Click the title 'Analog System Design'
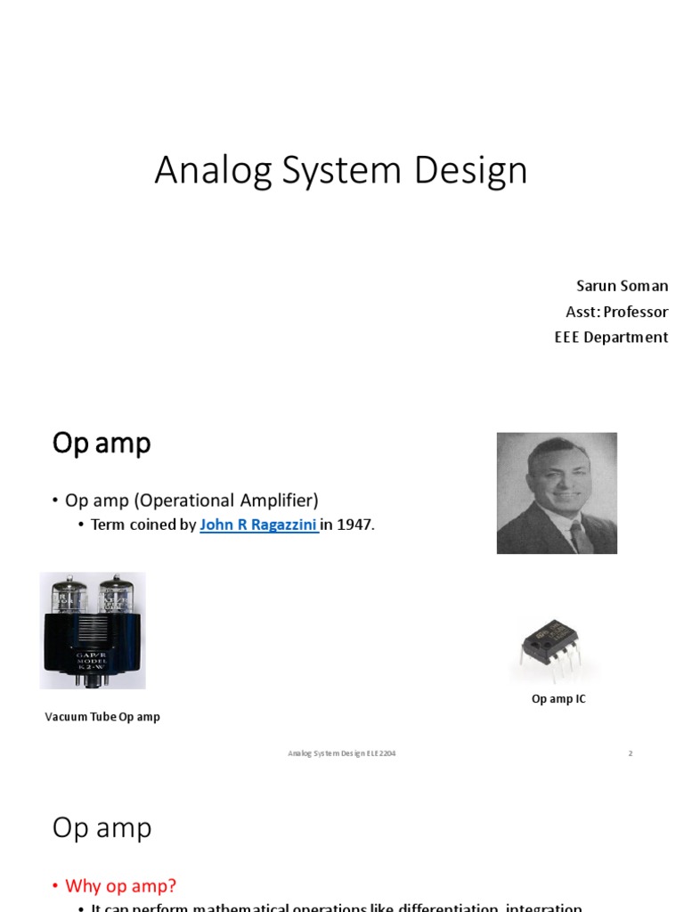coord(341,170)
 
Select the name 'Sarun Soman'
coord(622,286)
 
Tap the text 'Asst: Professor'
coord(616,312)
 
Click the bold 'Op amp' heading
coord(102,443)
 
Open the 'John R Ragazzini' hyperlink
coord(258,525)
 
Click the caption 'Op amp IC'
coord(558,699)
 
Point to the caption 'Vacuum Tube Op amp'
coord(102,716)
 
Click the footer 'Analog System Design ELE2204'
coord(341,753)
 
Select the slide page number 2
coord(630,753)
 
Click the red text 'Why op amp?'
coord(120,885)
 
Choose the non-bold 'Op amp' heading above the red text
coord(102,827)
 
